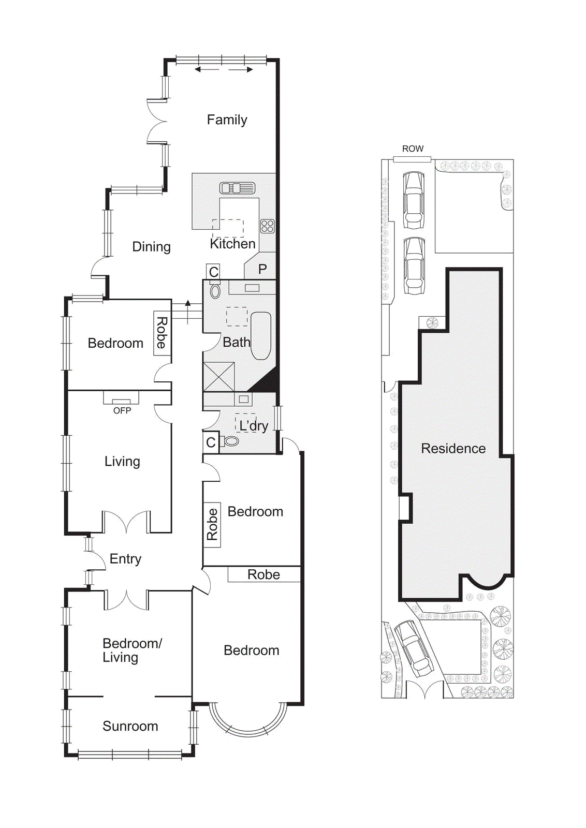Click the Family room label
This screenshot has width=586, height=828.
(x=227, y=120)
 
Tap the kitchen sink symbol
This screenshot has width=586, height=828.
(x=237, y=188)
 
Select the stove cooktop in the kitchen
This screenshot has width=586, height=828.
(x=267, y=226)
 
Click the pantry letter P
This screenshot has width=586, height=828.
(x=262, y=269)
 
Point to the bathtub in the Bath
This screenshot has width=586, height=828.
(x=261, y=335)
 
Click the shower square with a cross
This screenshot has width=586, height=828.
(x=218, y=376)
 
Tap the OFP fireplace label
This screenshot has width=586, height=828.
(x=122, y=410)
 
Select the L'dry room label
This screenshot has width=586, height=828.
(x=253, y=426)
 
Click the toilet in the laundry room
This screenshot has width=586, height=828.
(x=230, y=441)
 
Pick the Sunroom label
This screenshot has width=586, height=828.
(x=130, y=726)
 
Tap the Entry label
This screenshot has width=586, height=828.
(x=125, y=559)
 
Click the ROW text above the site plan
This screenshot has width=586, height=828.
(x=413, y=149)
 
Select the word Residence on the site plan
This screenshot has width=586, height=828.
(x=453, y=449)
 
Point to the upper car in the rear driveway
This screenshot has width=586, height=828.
(x=414, y=200)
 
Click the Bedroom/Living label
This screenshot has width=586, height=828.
(x=131, y=650)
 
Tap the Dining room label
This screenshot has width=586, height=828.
(x=151, y=247)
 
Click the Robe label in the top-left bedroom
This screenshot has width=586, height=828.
(x=162, y=333)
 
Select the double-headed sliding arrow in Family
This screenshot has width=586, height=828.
(x=224, y=69)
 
